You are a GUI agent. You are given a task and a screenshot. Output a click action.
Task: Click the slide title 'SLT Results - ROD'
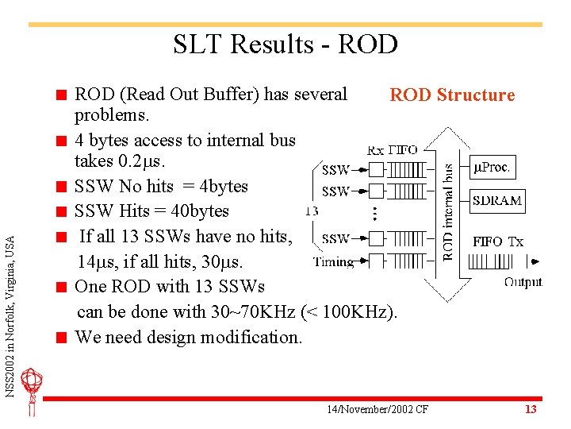coord(285,44)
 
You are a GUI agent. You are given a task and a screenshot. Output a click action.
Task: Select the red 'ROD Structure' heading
coord(452,95)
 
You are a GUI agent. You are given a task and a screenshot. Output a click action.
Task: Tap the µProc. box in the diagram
coord(492,168)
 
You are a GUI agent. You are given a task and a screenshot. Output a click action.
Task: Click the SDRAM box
coord(497,200)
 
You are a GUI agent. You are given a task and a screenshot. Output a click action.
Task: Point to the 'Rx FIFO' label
coord(393,150)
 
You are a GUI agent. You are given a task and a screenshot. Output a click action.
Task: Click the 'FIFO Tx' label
coord(498,242)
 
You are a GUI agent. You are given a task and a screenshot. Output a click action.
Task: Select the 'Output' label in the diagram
coord(523,280)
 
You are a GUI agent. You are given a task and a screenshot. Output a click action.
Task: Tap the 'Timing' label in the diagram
coord(332,261)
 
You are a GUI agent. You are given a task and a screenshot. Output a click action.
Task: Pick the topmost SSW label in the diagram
coord(336,170)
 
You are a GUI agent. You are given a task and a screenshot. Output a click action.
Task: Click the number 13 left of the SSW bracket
coord(312,211)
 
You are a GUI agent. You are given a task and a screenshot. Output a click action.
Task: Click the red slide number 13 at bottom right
coord(531,409)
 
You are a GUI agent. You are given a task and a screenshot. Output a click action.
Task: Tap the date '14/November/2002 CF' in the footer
coord(377,409)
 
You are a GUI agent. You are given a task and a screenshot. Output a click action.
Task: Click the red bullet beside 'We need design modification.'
coord(59,338)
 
